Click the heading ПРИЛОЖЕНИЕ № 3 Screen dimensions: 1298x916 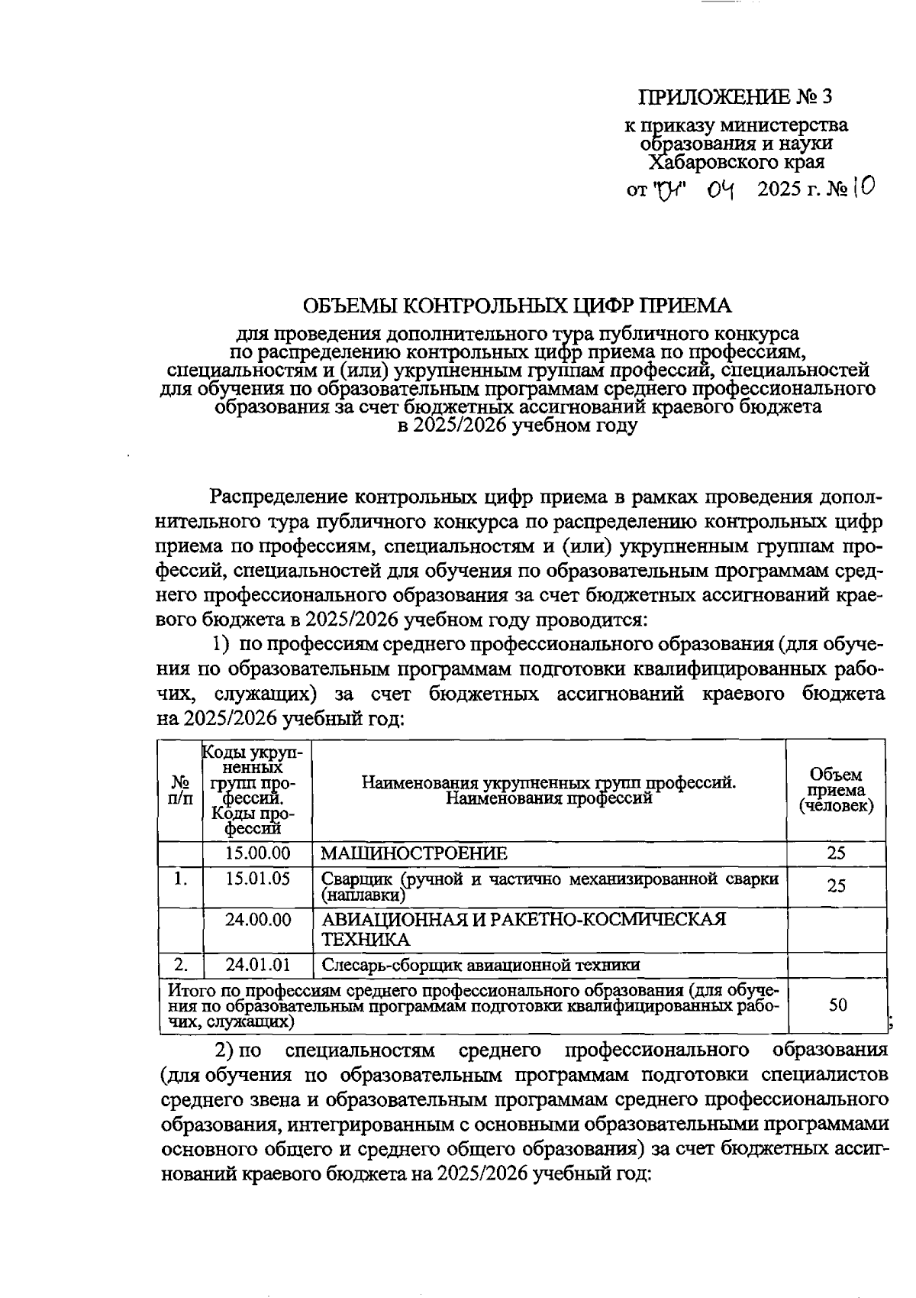tap(734, 97)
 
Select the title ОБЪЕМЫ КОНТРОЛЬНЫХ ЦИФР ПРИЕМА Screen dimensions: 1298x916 tap(517, 306)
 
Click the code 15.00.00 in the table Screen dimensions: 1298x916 tap(258, 853)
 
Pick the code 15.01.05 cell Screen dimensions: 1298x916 tap(258, 879)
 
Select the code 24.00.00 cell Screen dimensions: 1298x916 tap(258, 920)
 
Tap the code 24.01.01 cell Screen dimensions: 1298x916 tap(258, 964)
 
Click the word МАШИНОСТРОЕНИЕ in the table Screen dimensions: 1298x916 tap(414, 853)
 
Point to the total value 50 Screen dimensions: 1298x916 tap(837, 1005)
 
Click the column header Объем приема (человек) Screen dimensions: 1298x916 tap(837, 791)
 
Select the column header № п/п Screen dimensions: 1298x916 tap(180, 790)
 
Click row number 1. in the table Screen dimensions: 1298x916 tap(180, 879)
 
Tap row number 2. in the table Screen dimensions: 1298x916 tap(180, 964)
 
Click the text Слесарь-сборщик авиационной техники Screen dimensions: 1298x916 tap(480, 965)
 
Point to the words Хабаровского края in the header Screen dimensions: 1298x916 tap(736, 162)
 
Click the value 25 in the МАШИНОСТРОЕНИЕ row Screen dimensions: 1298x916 tap(837, 853)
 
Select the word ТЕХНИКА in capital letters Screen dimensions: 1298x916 tap(366, 940)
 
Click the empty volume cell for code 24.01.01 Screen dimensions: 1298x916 tap(837, 964)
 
